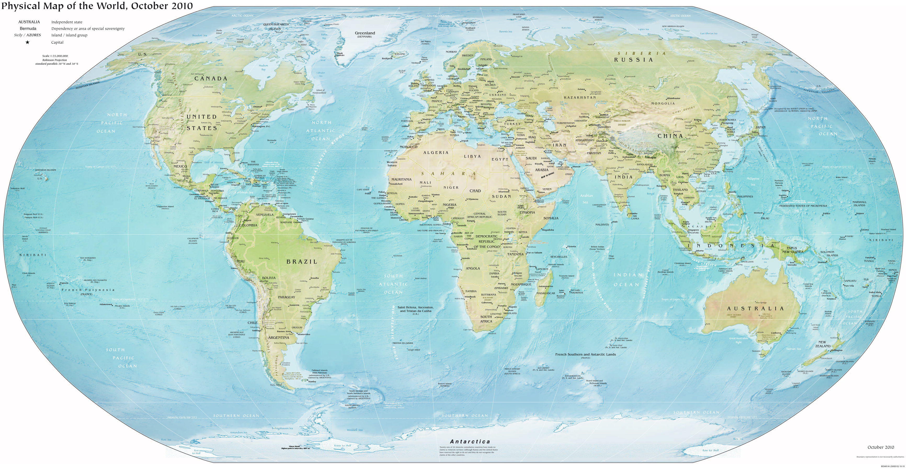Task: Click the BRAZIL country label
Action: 302,262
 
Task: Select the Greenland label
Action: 365,33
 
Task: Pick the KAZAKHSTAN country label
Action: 580,97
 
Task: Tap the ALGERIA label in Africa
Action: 436,153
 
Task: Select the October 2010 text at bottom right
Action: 880,447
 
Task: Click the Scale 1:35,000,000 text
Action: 55,56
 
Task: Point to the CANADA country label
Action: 211,79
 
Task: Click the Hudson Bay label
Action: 263,67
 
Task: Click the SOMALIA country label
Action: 551,218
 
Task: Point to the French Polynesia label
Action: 88,290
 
